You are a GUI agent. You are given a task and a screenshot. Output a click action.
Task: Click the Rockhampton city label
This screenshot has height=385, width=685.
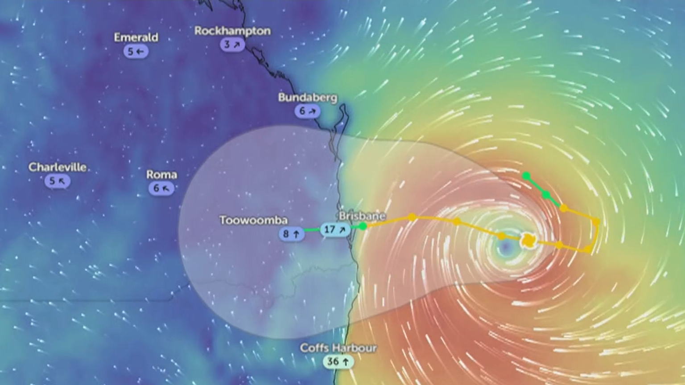point(232,31)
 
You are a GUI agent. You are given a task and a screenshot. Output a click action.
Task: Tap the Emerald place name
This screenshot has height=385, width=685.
point(136,37)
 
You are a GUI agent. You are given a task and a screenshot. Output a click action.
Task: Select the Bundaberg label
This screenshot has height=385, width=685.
point(308,97)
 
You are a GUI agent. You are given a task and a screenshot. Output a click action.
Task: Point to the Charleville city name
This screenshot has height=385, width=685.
point(58,167)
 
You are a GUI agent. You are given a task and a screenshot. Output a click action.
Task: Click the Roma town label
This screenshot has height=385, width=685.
point(161,174)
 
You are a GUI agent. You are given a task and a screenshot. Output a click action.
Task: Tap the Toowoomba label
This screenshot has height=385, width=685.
point(253,220)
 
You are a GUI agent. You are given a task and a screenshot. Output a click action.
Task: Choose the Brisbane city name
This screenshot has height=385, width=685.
point(362,216)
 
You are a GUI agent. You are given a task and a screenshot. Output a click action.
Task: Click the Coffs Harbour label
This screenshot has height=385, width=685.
point(338,348)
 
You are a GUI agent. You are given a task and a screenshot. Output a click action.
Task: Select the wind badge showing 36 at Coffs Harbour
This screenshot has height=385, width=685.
point(338,361)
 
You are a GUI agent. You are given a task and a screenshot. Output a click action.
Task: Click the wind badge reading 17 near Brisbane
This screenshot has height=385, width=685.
point(335,230)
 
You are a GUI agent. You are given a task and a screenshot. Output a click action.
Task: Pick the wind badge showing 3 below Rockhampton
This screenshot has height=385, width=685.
point(232,45)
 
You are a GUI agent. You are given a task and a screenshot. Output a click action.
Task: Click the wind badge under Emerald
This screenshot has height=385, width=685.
point(136,51)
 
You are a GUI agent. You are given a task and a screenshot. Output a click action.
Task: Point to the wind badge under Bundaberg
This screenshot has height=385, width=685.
point(307,111)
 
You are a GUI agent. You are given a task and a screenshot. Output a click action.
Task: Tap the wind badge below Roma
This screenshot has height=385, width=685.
point(161,188)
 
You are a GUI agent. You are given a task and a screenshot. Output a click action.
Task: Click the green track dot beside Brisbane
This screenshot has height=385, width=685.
point(363,226)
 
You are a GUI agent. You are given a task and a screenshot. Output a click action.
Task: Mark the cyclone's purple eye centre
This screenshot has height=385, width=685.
point(505,247)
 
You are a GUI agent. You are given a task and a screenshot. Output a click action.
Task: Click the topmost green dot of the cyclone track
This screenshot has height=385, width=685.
point(527,176)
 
